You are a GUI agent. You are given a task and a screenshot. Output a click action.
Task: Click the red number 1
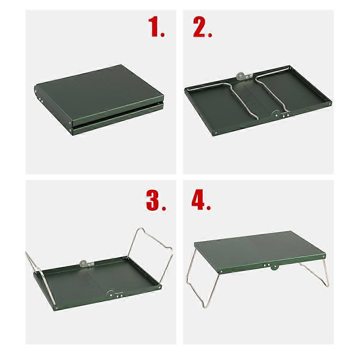(x=154, y=27)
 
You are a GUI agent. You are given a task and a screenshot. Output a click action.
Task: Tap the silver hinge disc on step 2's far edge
(x=239, y=76)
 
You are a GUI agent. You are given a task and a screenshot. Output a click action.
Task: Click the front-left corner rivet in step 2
(x=215, y=132)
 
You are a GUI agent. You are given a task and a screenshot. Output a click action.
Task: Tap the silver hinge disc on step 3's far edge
(x=84, y=264)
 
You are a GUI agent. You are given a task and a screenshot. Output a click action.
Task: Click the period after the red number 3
(x=164, y=208)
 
